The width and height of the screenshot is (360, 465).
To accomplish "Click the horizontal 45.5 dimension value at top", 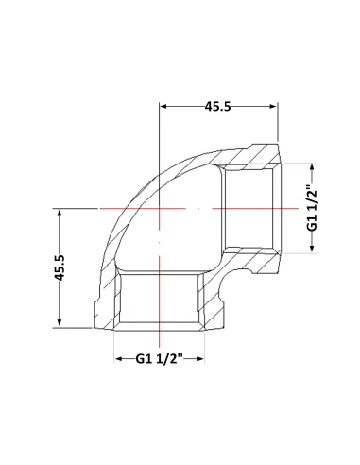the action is [x=218, y=107].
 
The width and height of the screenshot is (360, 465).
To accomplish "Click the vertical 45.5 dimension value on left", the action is [x=60, y=267].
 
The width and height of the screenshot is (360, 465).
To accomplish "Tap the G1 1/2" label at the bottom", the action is [x=160, y=359].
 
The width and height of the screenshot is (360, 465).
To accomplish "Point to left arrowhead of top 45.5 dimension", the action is [x=163, y=106].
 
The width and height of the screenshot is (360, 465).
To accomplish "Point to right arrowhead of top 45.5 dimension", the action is [x=273, y=106].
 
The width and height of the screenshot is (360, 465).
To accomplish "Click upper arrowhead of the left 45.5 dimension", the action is [x=60, y=213].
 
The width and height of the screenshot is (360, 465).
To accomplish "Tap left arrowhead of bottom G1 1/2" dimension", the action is [x=118, y=359].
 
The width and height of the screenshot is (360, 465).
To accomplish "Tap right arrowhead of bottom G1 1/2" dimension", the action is [x=201, y=359].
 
